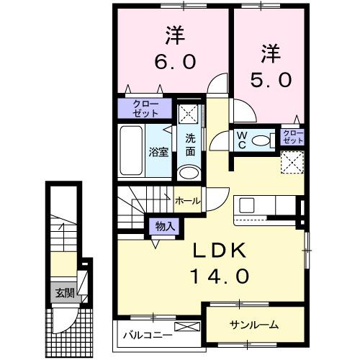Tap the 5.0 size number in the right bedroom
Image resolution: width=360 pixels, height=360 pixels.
(x=271, y=78)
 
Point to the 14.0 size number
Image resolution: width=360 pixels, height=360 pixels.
(x=220, y=275)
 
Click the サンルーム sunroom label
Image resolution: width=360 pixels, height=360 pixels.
(x=254, y=325)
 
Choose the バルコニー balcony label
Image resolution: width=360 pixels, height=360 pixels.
(x=146, y=335)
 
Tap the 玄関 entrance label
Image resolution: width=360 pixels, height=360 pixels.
(x=63, y=293)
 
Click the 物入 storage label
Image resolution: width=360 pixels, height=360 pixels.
(x=165, y=226)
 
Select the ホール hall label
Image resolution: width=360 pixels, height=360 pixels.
(x=187, y=200)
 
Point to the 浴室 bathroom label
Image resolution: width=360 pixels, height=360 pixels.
(x=158, y=152)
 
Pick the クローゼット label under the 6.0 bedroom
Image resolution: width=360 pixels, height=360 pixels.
(x=145, y=109)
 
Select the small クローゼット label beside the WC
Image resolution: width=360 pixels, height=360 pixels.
(x=292, y=138)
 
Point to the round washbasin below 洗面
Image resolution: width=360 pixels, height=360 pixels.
(x=189, y=172)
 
